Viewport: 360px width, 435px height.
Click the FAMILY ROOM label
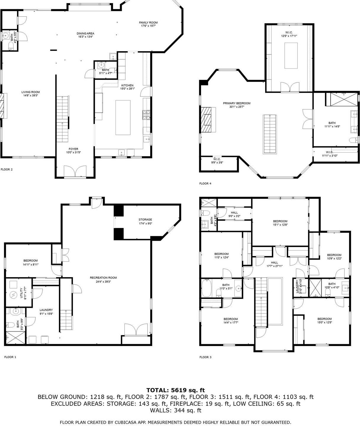click(x=148, y=22)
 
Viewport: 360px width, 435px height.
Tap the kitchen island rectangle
click(x=123, y=117)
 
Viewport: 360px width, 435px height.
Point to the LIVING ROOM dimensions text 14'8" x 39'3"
click(x=30, y=96)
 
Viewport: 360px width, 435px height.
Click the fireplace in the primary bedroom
click(x=207, y=120)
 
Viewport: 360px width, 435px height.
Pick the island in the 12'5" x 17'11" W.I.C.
click(x=291, y=55)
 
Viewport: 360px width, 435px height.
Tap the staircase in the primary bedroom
click(x=270, y=134)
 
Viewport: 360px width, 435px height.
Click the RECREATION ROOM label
click(x=103, y=278)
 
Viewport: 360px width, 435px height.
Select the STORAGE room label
click(x=145, y=220)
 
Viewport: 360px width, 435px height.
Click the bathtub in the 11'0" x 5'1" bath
click(x=206, y=288)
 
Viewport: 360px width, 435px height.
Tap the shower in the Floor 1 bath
click(x=12, y=338)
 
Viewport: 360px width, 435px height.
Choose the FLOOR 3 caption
click(x=205, y=357)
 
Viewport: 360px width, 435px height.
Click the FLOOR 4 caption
click(x=205, y=184)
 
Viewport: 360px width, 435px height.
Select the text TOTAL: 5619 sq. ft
click(x=176, y=390)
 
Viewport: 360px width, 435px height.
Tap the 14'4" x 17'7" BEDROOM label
click(x=231, y=319)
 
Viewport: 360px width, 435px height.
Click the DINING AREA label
click(x=85, y=33)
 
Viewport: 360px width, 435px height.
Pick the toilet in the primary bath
click(x=353, y=140)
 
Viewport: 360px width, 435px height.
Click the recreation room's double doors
click(x=136, y=330)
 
